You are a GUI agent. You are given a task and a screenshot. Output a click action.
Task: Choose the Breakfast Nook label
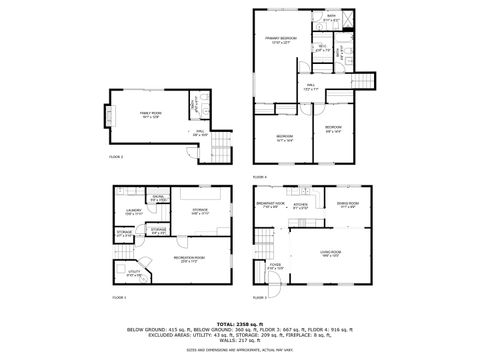pyautogui.click(x=271, y=203)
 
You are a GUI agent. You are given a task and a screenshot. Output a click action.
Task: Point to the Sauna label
pyautogui.click(x=158, y=198)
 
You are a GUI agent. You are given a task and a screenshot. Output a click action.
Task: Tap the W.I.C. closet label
pyautogui.click(x=323, y=46)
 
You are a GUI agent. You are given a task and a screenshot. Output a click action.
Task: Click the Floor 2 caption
pyautogui.click(x=115, y=157)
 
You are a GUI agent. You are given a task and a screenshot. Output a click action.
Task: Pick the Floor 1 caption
pyautogui.click(x=119, y=298)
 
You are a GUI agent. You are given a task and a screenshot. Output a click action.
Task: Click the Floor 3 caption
pyautogui.click(x=260, y=297)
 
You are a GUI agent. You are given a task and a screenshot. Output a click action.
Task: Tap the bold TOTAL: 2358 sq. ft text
pyautogui.click(x=239, y=323)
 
